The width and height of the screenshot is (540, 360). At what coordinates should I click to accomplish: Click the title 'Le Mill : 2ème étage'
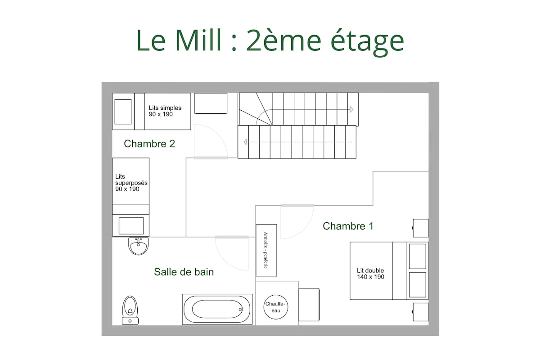[x=270, y=41]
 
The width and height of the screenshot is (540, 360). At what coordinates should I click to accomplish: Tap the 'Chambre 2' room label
[x=149, y=144]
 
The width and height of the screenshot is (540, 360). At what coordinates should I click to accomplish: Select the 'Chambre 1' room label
[x=348, y=226]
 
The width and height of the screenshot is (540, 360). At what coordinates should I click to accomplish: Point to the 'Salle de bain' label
[x=184, y=272]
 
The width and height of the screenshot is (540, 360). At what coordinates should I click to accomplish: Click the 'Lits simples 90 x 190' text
[x=165, y=111]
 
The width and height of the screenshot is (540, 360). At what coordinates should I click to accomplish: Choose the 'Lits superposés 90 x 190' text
[x=131, y=183]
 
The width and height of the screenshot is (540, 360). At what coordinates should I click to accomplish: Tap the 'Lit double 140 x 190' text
[x=370, y=274]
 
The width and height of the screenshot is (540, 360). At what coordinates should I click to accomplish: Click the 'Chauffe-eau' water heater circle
[x=276, y=307]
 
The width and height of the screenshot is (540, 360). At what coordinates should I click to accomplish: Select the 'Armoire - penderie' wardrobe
[x=266, y=250]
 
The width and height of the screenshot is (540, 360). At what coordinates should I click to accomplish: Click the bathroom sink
[x=139, y=246]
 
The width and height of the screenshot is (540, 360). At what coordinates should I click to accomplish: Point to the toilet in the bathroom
[x=130, y=310]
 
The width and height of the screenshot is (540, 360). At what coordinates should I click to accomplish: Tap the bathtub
[x=217, y=309]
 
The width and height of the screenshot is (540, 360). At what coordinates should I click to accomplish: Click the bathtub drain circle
[x=240, y=309]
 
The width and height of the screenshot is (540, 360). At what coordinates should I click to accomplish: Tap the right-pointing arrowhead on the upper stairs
[x=351, y=109]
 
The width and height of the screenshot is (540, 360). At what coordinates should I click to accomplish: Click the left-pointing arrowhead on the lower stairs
[x=245, y=142]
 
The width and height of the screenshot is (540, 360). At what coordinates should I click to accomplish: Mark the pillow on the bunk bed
[x=131, y=226]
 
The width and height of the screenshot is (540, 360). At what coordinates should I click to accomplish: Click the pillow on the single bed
[x=123, y=112]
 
